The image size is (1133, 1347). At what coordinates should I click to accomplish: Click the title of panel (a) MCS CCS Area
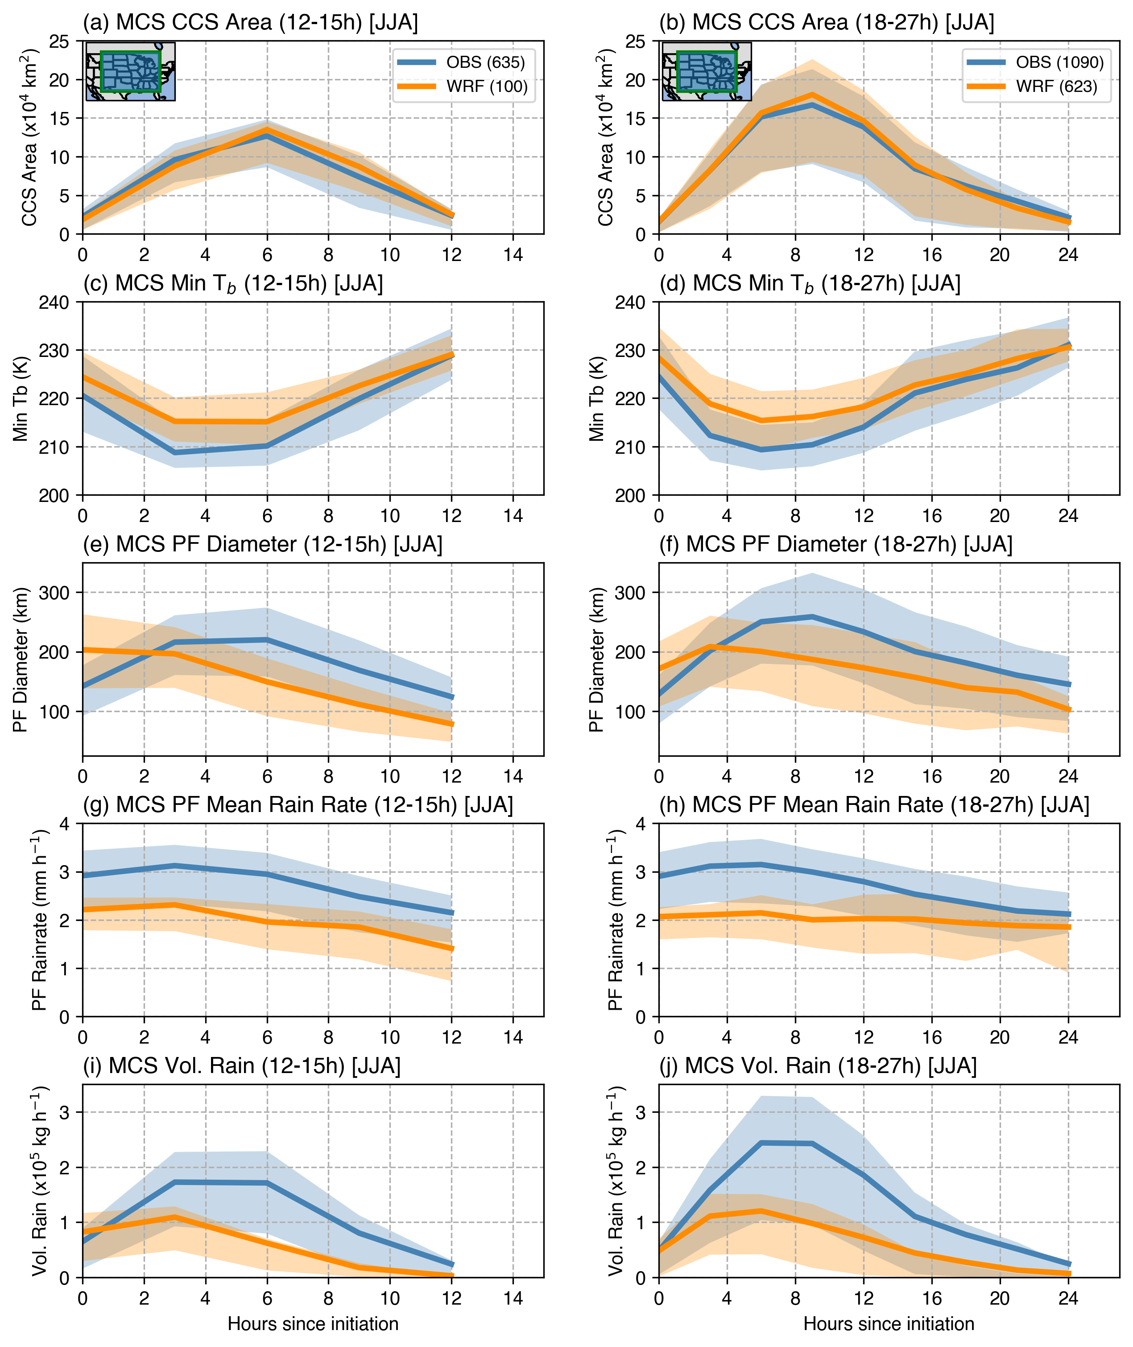(251, 22)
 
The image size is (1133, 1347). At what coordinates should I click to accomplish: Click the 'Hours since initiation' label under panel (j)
(889, 1324)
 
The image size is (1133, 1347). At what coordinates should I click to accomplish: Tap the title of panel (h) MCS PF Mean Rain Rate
(874, 805)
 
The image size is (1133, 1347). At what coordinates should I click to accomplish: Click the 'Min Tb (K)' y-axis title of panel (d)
(597, 398)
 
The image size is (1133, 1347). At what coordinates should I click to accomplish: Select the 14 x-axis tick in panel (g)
(513, 1037)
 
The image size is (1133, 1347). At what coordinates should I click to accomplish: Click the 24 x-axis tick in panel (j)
(1068, 1298)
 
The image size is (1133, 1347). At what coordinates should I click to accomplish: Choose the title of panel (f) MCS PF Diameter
(835, 544)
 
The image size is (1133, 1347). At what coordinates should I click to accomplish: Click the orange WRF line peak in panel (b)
(812, 95)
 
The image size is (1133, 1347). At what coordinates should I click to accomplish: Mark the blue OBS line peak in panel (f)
(812, 617)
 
